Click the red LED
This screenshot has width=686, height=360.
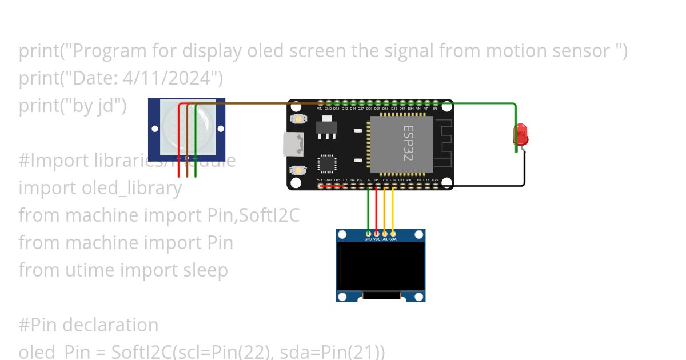click(521, 135)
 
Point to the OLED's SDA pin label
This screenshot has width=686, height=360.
click(393, 239)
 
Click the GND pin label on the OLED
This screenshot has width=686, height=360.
click(368, 239)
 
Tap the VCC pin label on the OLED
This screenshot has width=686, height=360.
click(377, 239)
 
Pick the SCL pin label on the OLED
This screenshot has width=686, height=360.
click(385, 239)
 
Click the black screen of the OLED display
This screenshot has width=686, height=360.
click(380, 266)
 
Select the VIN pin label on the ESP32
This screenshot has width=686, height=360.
click(320, 108)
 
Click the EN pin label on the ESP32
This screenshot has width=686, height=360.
click(435, 108)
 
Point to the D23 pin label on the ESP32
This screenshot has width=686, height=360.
click(435, 180)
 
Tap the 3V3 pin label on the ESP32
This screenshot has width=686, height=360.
click(320, 180)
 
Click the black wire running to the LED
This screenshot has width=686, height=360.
click(492, 186)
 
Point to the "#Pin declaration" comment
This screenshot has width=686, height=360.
click(89, 325)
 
